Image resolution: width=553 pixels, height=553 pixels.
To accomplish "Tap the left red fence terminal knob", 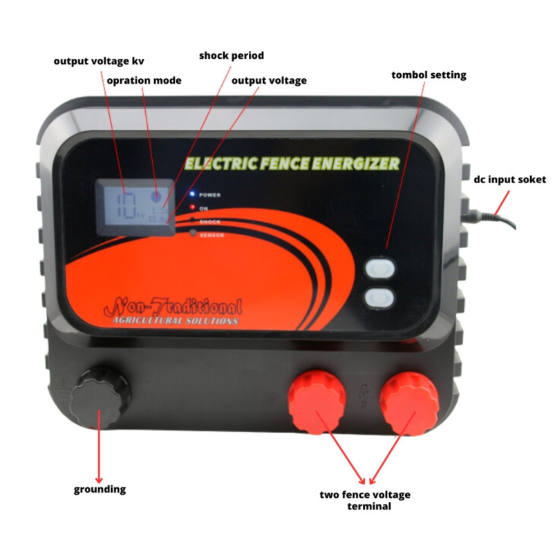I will point(317,404).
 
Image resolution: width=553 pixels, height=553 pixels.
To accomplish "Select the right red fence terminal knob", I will point(409,405).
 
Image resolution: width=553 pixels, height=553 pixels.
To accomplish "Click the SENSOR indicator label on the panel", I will point(212,235).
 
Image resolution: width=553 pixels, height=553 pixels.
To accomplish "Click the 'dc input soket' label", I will point(509,180).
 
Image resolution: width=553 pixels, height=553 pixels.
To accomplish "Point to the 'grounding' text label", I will point(100,489).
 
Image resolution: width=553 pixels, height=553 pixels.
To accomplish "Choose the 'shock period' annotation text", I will point(232,55).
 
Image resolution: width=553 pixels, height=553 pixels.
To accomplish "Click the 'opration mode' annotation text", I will point(144,80).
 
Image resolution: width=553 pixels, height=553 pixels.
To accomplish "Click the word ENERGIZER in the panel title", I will point(355,164).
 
